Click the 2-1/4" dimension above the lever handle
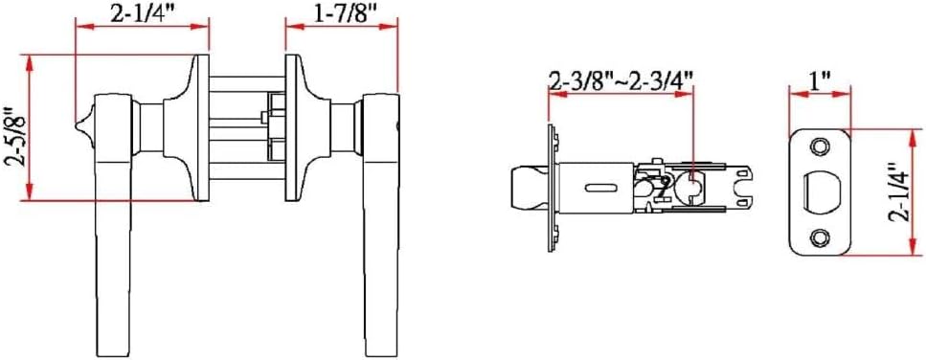point(142,13)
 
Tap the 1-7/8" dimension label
point(343,13)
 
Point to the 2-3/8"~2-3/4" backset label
point(621,79)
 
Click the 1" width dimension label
point(820,79)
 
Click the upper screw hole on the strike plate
point(819,146)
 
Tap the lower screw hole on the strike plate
point(819,237)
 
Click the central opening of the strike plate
point(821,191)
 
